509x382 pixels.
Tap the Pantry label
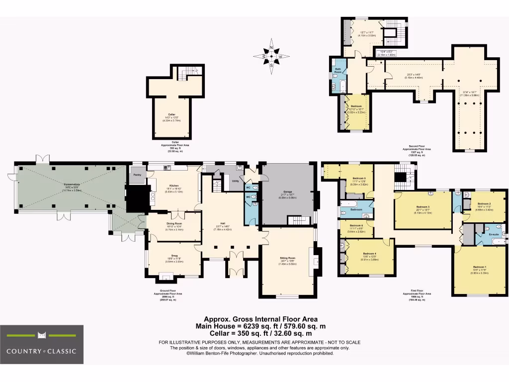[x=137, y=175]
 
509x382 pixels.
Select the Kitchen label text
[x=173, y=185]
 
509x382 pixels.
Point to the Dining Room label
[x=174, y=223]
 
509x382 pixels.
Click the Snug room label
[x=173, y=254]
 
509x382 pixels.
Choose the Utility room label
[x=235, y=181]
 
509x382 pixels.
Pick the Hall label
[x=223, y=223]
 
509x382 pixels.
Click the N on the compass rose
[x=271, y=47]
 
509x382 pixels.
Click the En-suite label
[x=493, y=233]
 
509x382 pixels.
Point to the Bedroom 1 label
[x=479, y=267]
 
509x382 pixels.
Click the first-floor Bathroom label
[x=356, y=209]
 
